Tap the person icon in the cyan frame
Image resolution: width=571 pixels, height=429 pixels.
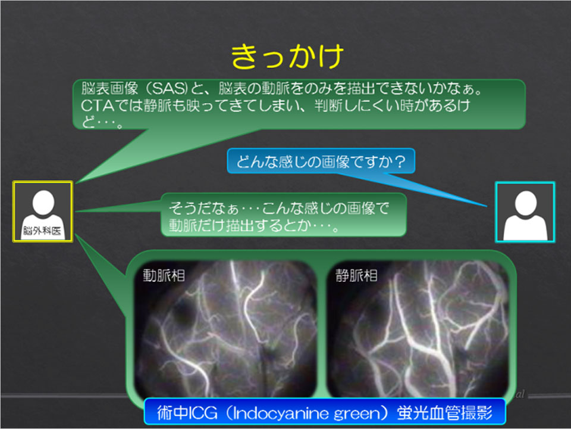(x=525, y=212)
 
